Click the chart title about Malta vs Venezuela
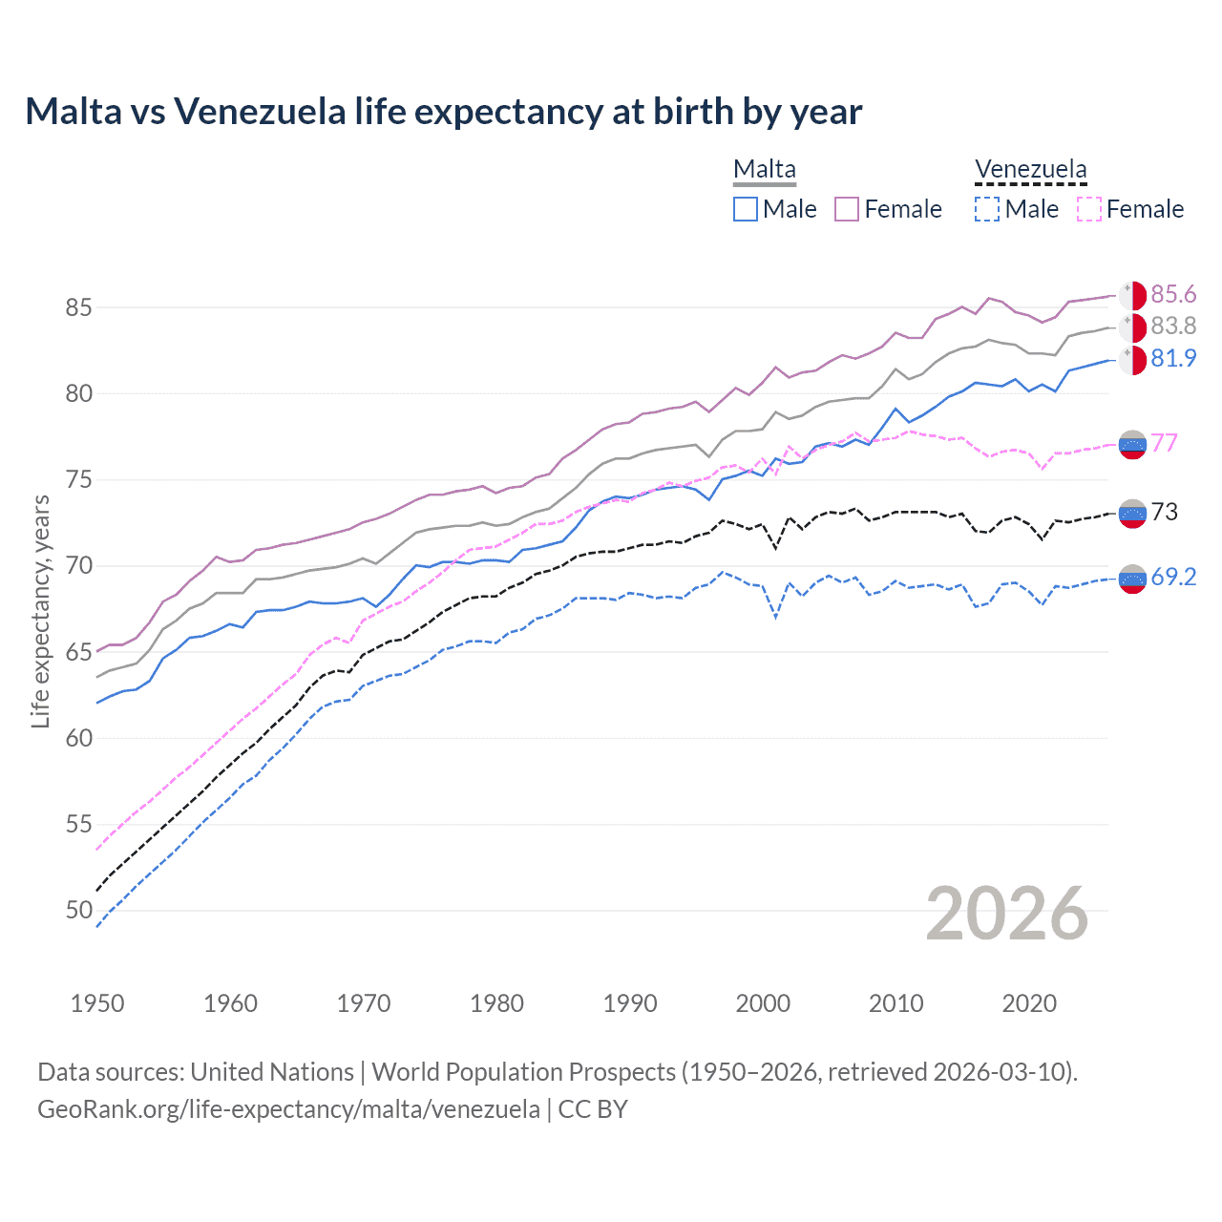coord(443,112)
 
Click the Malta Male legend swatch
coord(746,209)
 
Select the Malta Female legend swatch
coord(847,209)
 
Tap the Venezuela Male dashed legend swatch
coord(987,209)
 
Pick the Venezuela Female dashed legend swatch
coord(1089,209)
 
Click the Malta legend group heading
coord(765,170)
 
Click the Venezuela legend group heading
coord(1030,170)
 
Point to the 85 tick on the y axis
coord(78,307)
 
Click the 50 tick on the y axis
coord(78,910)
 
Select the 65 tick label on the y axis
coord(78,652)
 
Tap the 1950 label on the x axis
coord(97,1003)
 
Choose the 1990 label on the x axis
coord(630,1003)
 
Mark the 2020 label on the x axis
coord(1029,1003)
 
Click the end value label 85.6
coord(1173,294)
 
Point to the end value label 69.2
coord(1173,577)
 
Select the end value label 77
coord(1164,443)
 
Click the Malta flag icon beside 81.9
coord(1132,360)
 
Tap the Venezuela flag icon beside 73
coord(1132,514)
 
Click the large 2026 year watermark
coord(1007,914)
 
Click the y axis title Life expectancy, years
coord(40,611)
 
